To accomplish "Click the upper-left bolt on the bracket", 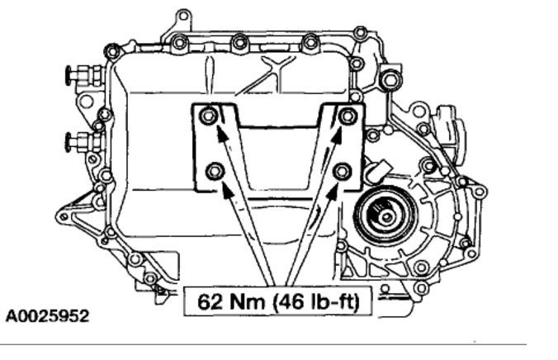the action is (209, 116).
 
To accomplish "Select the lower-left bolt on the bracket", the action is (215, 171).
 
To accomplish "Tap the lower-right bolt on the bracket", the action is (343, 171).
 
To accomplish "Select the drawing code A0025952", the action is (47, 316).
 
